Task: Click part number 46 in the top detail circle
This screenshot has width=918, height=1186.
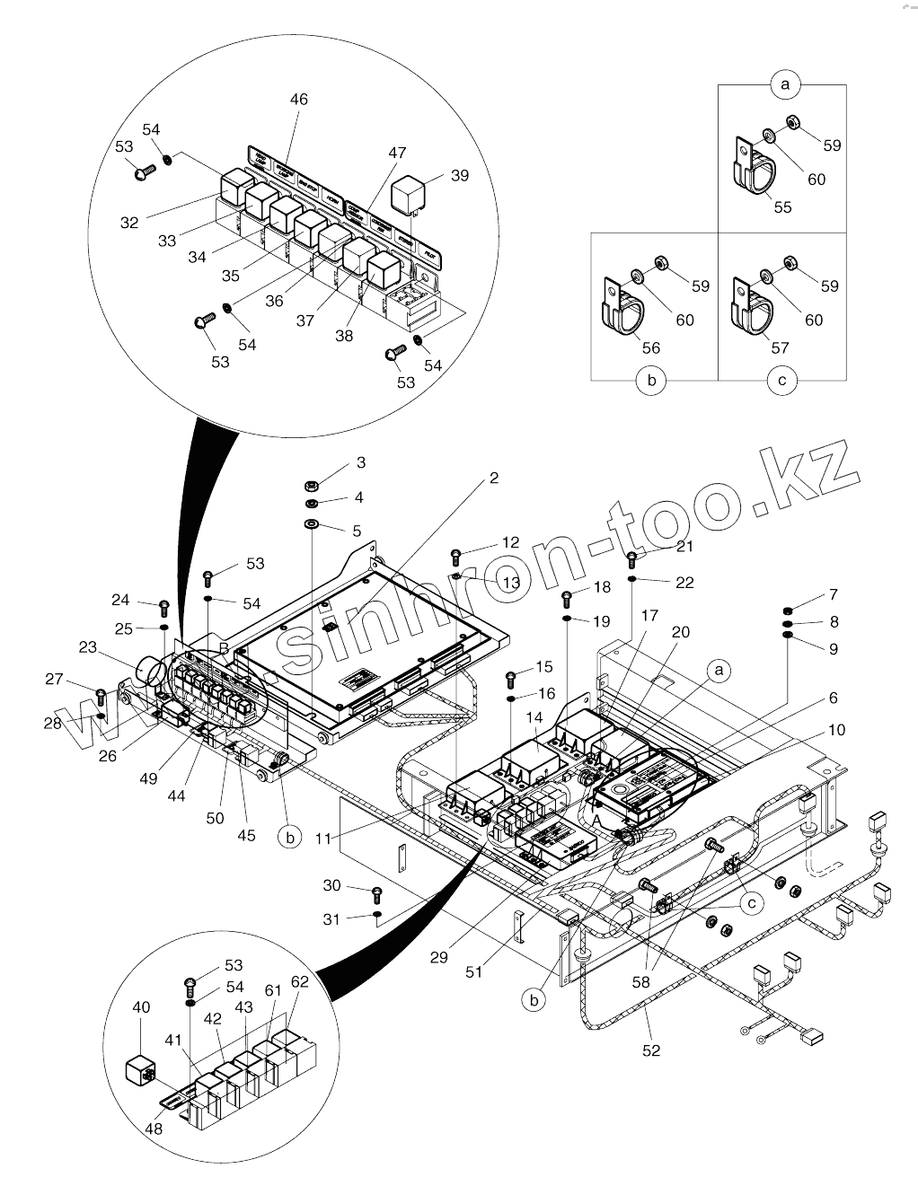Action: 298,100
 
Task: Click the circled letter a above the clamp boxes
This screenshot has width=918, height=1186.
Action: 785,84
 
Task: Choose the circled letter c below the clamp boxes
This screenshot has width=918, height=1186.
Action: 781,381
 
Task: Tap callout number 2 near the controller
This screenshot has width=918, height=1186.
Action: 493,479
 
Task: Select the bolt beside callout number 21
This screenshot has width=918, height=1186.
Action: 632,560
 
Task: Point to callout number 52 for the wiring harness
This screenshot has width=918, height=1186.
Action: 651,1050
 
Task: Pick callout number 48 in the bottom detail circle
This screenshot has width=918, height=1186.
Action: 154,1129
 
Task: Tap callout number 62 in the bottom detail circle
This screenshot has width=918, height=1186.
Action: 299,982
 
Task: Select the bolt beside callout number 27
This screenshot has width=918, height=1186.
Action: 101,695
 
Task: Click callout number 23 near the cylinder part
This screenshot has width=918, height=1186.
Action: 87,646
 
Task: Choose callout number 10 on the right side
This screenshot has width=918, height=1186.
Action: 836,730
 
